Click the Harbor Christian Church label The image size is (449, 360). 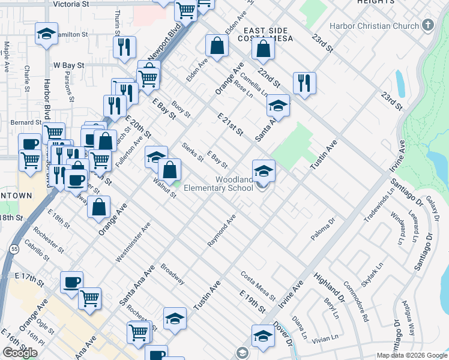[376, 26]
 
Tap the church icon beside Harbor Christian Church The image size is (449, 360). [427, 25]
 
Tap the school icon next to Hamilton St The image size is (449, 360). [46, 35]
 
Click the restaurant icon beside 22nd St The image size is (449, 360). [305, 83]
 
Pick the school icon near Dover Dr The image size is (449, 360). [262, 336]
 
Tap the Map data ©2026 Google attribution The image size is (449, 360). [412, 355]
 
